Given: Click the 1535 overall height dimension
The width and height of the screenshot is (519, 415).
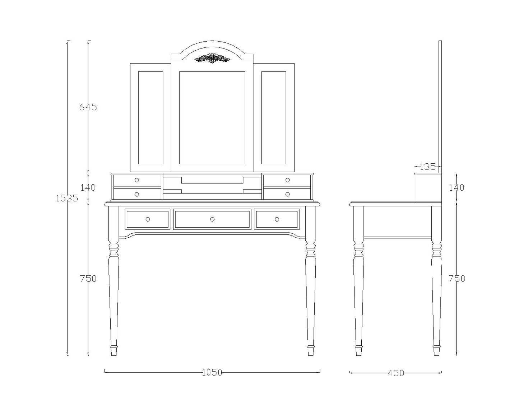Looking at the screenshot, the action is (x=67, y=198).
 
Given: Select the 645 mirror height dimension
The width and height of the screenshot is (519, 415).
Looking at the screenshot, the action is (x=88, y=107).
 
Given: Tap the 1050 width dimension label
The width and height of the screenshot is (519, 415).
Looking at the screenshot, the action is (x=212, y=373).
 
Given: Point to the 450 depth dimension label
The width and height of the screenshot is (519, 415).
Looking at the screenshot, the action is (x=396, y=373).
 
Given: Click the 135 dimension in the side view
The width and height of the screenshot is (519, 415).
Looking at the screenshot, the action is (x=428, y=166).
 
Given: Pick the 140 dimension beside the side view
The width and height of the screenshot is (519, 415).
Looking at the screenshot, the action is (x=456, y=187).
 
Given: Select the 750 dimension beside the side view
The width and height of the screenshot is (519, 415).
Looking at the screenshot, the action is (x=457, y=279).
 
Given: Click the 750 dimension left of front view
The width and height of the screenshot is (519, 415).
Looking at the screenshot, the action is (x=88, y=279).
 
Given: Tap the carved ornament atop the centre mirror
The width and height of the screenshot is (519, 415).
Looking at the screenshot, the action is (x=212, y=58).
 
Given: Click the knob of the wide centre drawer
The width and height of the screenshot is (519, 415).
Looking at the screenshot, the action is (x=212, y=219).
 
